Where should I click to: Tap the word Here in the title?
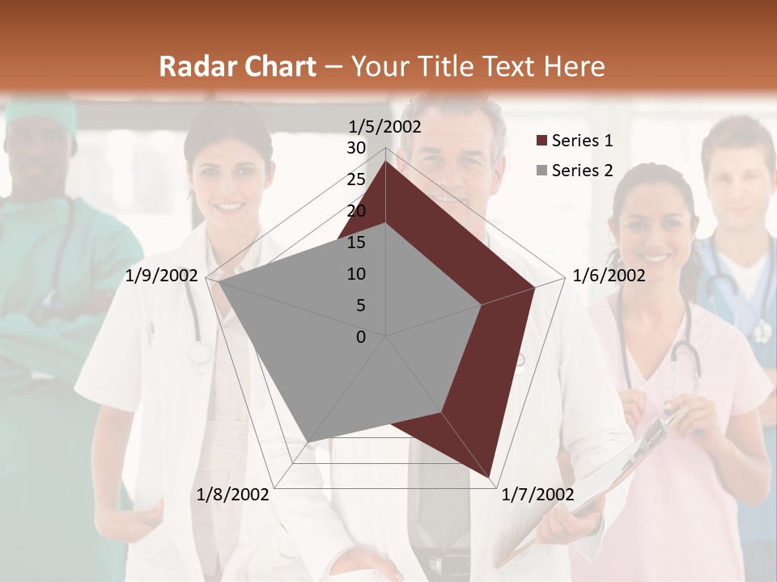coord(574,66)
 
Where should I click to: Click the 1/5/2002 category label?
coord(384,127)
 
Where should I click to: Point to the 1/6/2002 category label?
coord(609,276)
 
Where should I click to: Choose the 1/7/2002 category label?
coord(537,495)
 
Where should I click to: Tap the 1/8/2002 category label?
coord(232,495)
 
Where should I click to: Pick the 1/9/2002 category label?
coord(162,276)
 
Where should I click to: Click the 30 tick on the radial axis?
coord(355,148)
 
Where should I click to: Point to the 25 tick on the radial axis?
coord(355,179)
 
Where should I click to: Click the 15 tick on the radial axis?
coord(355,242)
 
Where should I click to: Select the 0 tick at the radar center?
coord(361,337)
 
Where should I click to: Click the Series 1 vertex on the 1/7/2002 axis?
coord(490,477)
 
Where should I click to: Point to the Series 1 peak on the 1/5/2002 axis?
coord(386,162)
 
